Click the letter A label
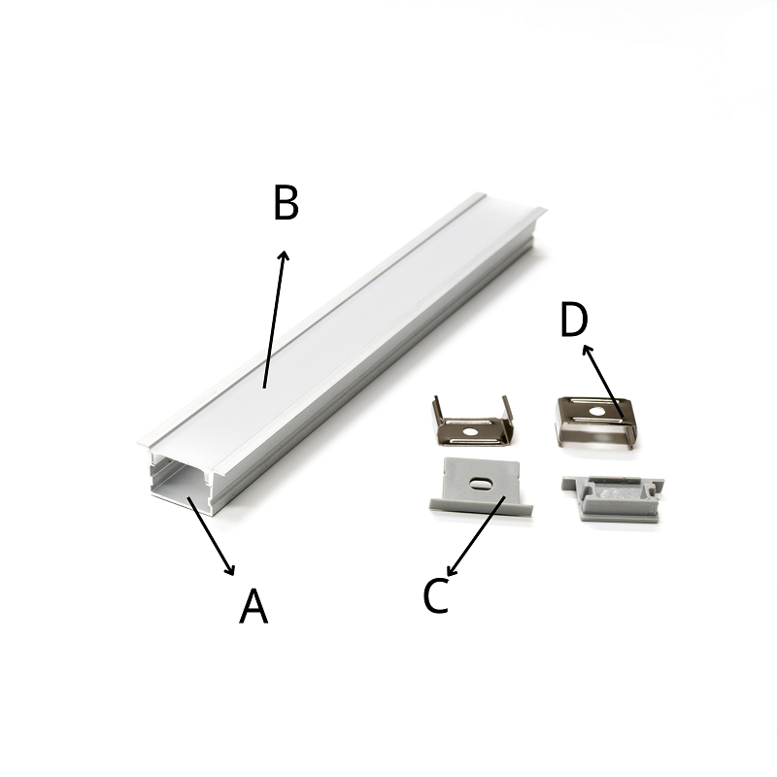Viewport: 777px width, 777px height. tap(253, 605)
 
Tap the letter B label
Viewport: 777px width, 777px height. tap(286, 202)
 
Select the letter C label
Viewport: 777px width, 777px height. tap(436, 595)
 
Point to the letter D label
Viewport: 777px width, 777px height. tap(574, 320)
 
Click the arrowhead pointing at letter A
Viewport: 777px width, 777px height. tap(229, 570)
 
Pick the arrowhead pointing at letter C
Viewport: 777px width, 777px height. tap(452, 571)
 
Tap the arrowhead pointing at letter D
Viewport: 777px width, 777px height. tap(587, 350)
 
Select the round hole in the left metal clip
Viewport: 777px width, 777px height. tap(468, 431)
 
